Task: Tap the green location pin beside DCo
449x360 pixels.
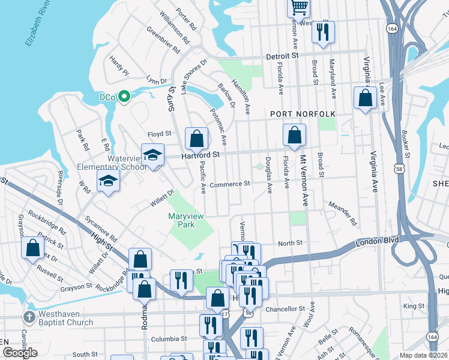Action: [x=124, y=96]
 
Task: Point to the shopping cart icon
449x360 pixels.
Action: [x=299, y=8]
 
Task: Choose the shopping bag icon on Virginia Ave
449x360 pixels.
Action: [x=365, y=98]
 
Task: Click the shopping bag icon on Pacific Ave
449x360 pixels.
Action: [x=196, y=139]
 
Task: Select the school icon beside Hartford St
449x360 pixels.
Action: [x=152, y=155]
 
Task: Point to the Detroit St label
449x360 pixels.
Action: [x=283, y=55]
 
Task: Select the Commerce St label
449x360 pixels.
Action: [x=229, y=184]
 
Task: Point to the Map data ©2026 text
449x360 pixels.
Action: [x=423, y=355]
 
